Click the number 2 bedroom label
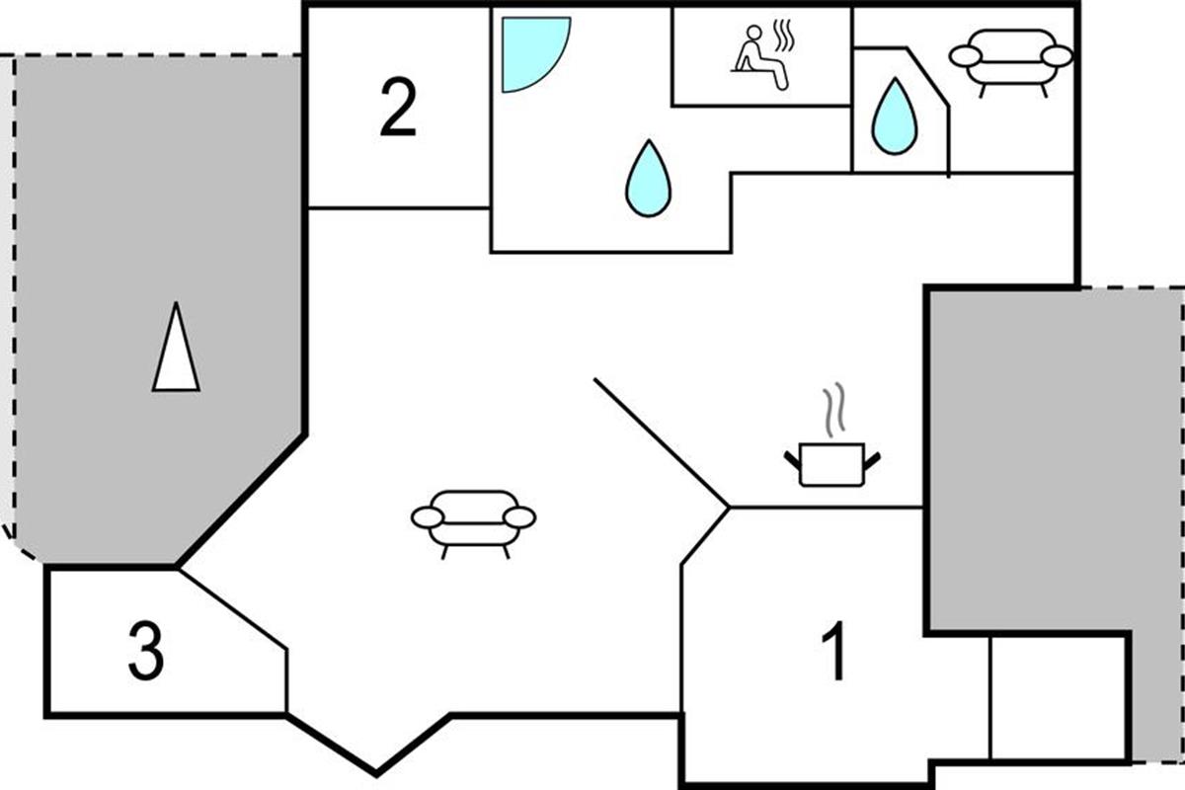pos(398,107)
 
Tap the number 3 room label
pos(146,652)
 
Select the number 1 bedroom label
pos(833,651)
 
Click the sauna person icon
pos(759,57)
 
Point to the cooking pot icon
pos(831,464)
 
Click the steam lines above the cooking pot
pos(833,409)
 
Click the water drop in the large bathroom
pos(648,179)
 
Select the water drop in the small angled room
pos(895,117)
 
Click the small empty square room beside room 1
pos(1058,698)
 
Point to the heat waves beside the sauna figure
pos(784,36)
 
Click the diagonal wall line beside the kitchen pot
pos(662,442)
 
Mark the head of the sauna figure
pos(754,33)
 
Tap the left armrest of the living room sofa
pos(428,517)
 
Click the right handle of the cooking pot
pos(872,461)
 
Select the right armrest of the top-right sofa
pos(1057,56)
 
